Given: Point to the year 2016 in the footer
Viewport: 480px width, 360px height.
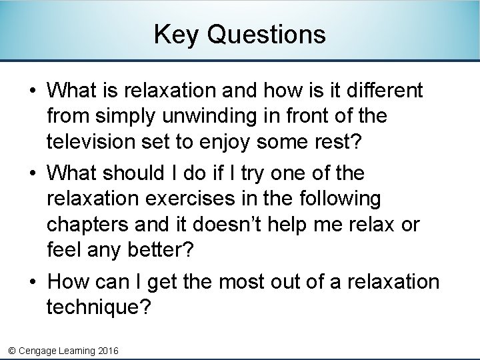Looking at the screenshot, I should pyautogui.click(x=108, y=350).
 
